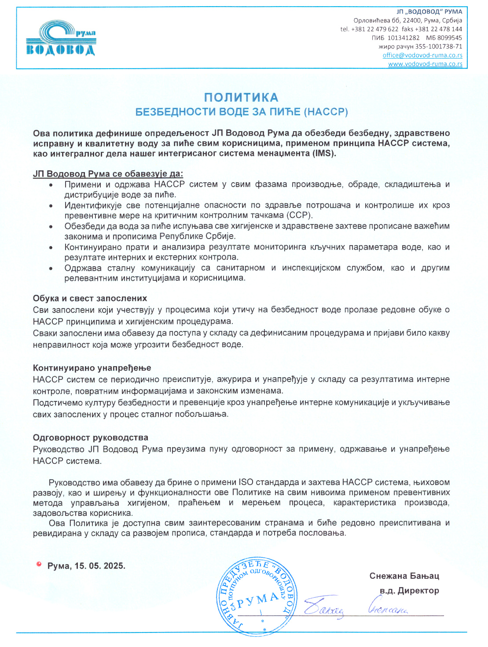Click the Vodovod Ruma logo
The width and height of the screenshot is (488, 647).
[61, 38]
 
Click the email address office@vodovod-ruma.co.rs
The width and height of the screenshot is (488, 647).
[422, 55]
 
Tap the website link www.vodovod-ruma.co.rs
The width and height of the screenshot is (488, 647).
[425, 64]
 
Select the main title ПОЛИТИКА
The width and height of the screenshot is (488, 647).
[241, 98]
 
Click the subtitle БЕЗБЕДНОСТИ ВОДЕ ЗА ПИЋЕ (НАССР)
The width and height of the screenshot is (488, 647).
[242, 112]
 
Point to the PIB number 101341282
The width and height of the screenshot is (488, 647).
[403, 38]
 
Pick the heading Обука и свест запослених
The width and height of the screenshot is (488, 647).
[90, 298]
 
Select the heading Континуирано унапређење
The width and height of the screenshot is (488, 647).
[92, 368]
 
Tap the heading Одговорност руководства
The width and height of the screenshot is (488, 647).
[91, 437]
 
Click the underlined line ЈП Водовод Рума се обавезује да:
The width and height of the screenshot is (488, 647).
[108, 174]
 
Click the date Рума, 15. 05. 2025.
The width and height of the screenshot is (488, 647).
[86, 566]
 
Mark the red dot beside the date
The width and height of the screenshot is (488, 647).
[39, 564]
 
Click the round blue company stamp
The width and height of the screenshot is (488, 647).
[257, 596]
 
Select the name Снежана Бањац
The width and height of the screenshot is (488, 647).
[404, 576]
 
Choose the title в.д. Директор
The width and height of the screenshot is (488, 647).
[409, 591]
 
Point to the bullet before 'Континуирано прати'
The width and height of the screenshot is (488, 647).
[51, 248]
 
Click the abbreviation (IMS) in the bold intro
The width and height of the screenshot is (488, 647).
[324, 154]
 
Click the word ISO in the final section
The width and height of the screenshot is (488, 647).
[246, 482]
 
